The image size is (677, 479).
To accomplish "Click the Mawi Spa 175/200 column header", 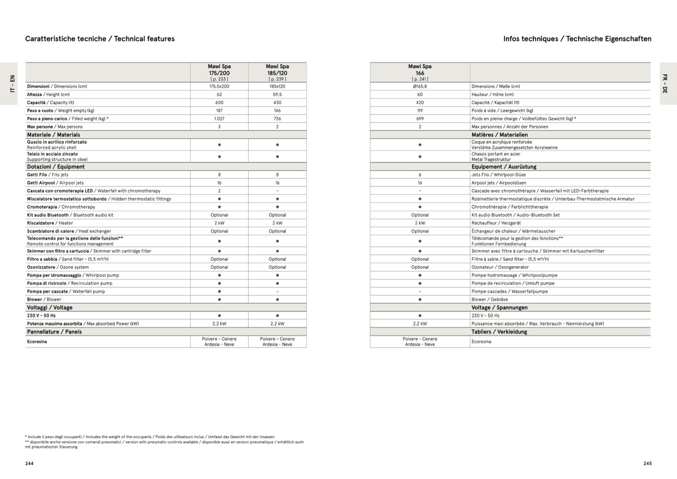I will point(219,72).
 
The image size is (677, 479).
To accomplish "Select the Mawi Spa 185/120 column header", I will point(277,72).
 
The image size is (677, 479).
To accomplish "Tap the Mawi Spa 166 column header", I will point(420,72).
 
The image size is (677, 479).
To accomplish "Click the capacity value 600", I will point(219,103).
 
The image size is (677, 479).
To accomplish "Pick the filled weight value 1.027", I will point(219,119).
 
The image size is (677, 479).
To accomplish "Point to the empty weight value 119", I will point(420,111).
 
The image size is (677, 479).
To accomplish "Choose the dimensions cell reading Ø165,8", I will point(420,86).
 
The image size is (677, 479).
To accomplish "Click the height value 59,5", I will point(277,94).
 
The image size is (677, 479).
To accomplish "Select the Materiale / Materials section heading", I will point(53,135).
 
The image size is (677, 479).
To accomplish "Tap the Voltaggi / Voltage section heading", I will point(49,308).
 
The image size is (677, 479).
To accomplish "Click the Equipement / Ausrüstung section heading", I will point(504,167).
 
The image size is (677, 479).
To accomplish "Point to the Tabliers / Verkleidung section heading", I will point(499,332).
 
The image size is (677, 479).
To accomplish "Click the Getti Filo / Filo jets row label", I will point(47,175).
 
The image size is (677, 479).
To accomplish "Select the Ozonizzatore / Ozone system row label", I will point(58,267).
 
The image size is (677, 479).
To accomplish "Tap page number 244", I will point(29,464).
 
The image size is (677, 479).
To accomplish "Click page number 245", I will point(648,464).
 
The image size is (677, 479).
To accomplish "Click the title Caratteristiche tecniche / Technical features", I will point(100,39).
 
